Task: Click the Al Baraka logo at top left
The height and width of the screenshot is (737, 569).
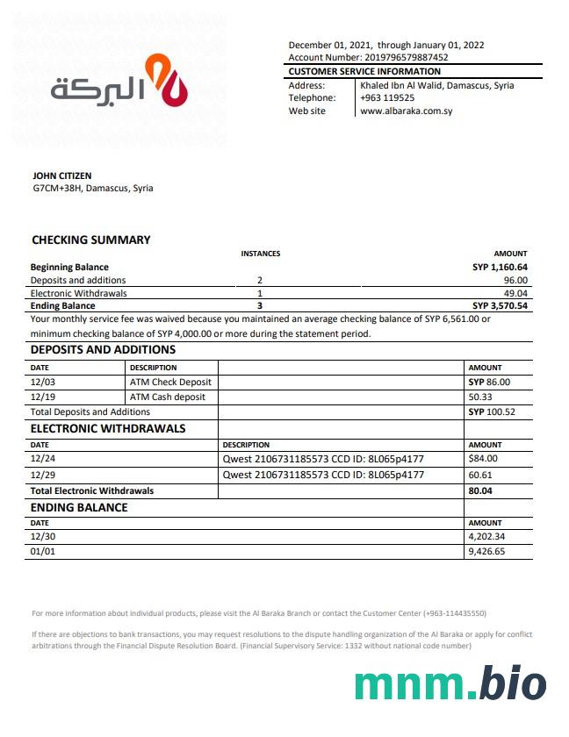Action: pyautogui.click(x=119, y=82)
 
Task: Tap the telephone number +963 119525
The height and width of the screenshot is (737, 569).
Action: pyautogui.click(x=387, y=98)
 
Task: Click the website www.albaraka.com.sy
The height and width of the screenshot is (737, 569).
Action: pyautogui.click(x=406, y=111)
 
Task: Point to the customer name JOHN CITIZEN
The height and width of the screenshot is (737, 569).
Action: pyautogui.click(x=61, y=175)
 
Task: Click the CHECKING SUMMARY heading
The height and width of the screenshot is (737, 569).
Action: pyautogui.click(x=90, y=240)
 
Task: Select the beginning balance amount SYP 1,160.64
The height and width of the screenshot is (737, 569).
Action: pyautogui.click(x=500, y=267)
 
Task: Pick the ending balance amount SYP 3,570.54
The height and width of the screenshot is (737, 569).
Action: pyautogui.click(x=500, y=305)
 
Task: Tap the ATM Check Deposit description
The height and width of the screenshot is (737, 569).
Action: pyautogui.click(x=170, y=382)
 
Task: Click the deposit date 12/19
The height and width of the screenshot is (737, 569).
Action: pyautogui.click(x=42, y=397)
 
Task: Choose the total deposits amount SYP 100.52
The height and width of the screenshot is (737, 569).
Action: pyautogui.click(x=492, y=411)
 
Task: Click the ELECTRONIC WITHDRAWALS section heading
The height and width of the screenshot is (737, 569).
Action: pyautogui.click(x=108, y=429)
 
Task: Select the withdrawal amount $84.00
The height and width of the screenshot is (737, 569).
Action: pyautogui.click(x=483, y=458)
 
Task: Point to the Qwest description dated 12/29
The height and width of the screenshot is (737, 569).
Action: pyautogui.click(x=323, y=475)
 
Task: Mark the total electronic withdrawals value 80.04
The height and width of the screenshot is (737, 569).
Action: pyautogui.click(x=481, y=490)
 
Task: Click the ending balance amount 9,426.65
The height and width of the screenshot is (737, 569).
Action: pyautogui.click(x=487, y=552)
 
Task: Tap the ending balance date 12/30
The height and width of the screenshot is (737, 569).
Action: pyautogui.click(x=42, y=536)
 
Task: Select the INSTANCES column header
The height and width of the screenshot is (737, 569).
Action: pyautogui.click(x=260, y=254)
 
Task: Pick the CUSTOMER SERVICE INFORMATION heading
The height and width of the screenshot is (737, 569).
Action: pyautogui.click(x=364, y=71)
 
